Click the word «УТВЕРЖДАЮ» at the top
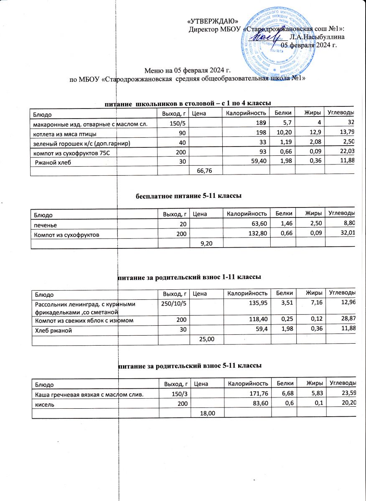coord(213,21)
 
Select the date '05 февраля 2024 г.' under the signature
coord(309,45)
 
